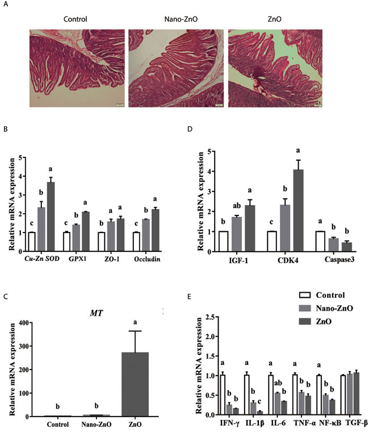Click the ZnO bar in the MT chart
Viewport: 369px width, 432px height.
point(135,384)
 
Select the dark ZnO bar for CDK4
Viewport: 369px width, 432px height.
point(298,210)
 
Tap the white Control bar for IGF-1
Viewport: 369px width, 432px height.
point(224,242)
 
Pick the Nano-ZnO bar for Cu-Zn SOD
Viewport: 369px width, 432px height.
point(41,229)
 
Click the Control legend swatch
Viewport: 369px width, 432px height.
point(305,295)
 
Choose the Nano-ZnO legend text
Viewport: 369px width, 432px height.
point(334,308)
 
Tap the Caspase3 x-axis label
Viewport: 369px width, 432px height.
point(339,259)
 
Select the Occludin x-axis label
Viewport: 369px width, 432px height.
point(147,259)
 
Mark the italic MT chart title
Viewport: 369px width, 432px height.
point(97,313)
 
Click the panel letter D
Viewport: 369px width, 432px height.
point(190,128)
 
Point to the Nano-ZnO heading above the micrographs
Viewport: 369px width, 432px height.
point(181,19)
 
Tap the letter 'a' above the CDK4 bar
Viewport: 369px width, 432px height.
point(298,151)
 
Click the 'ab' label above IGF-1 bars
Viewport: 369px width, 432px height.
point(237,206)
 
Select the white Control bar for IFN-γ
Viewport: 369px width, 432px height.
point(223,394)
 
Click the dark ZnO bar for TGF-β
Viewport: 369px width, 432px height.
point(357,393)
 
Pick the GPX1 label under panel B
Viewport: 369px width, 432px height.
point(77,259)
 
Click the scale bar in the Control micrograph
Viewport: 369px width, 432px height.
point(120,105)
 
